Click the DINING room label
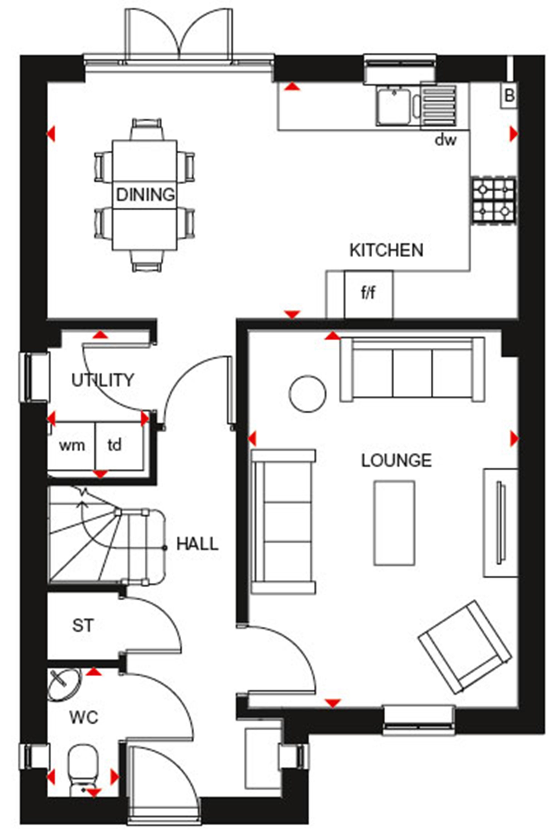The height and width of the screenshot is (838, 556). pos(145,195)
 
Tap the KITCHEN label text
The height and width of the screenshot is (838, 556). pos(386,250)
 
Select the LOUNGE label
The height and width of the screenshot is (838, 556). pos(396,461)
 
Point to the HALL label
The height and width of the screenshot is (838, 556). pos(197,544)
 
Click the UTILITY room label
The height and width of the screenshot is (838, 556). pos(103,380)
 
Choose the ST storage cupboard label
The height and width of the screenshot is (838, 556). pos(83,626)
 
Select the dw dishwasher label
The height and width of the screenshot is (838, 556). pos(445,140)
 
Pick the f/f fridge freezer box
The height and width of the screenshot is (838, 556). pos(368,294)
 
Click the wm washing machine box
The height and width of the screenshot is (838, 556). pos(72,446)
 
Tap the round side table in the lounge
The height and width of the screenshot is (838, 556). pos(307,394)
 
